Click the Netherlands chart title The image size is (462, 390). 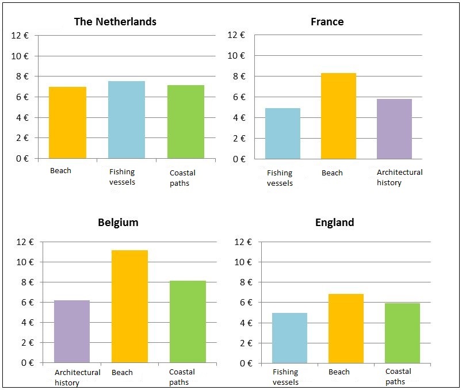(x=115, y=22)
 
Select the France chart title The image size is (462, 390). (x=327, y=22)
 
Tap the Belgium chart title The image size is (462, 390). (x=118, y=223)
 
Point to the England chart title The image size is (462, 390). (x=334, y=223)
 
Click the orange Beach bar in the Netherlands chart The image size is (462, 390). (x=67, y=123)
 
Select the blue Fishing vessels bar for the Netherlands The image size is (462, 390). (x=127, y=120)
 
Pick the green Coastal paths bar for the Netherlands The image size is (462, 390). (x=186, y=122)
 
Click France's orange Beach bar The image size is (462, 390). (x=338, y=116)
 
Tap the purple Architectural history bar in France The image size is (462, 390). (x=394, y=129)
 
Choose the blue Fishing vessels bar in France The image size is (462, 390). (x=282, y=133)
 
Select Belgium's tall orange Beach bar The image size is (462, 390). (x=129, y=306)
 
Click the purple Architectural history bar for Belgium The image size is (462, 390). (x=72, y=331)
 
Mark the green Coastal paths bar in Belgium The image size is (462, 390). (x=188, y=322)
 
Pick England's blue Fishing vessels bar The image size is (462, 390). (x=289, y=338)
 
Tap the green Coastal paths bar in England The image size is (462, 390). (x=402, y=333)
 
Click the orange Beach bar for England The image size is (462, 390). (x=346, y=328)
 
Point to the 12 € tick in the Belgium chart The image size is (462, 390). (x=26, y=242)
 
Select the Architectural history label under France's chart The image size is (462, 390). (x=399, y=177)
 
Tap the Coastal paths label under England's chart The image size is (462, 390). (x=398, y=376)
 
